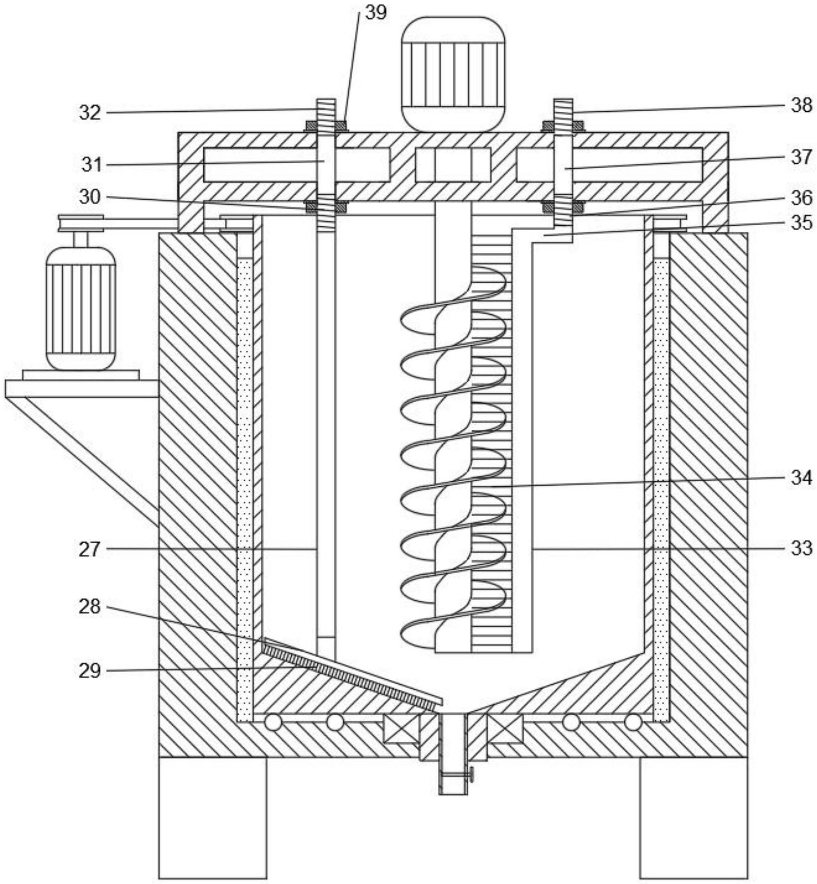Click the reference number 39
click(x=375, y=13)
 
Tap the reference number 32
click(x=90, y=113)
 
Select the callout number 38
click(x=801, y=105)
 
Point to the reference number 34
click(x=801, y=477)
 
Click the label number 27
click(x=90, y=550)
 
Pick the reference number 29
click(x=90, y=671)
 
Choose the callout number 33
click(x=801, y=548)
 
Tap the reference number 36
click(x=801, y=198)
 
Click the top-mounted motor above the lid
click(x=453, y=74)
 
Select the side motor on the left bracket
click(x=81, y=308)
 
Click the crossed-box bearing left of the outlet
click(x=401, y=729)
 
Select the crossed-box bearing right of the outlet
click(x=505, y=729)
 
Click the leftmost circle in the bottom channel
click(x=273, y=723)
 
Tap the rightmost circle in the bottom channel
click(x=633, y=723)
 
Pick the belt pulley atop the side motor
click(x=81, y=223)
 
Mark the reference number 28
click(x=90, y=607)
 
